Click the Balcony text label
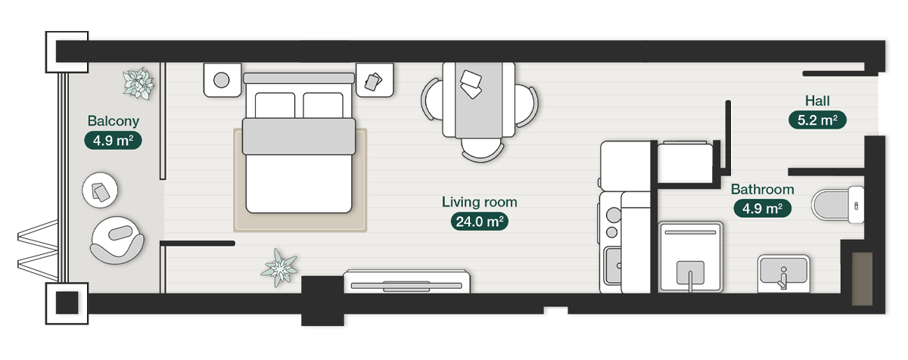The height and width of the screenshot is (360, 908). click(x=113, y=121)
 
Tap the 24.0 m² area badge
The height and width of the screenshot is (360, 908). click(x=479, y=222)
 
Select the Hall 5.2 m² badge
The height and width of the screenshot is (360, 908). click(x=817, y=119)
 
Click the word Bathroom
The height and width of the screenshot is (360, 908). click(x=762, y=189)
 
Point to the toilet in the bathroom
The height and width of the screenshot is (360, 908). click(x=838, y=205)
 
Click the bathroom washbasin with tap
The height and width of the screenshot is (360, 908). click(x=784, y=273)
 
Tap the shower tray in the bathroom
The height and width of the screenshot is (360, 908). click(x=690, y=256)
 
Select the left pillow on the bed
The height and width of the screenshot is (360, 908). click(x=275, y=105)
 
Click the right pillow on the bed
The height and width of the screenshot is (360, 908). click(x=323, y=105)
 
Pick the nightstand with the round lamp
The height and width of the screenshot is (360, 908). click(x=222, y=79)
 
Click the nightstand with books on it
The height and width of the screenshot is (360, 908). click(x=375, y=79)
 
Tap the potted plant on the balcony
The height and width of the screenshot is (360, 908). click(x=138, y=83)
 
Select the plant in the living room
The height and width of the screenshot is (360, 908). click(x=279, y=268)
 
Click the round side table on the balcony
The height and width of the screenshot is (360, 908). click(x=100, y=190)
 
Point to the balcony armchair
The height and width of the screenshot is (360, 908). click(x=117, y=241)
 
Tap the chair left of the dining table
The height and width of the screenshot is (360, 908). click(x=432, y=100)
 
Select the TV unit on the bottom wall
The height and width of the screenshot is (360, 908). click(x=407, y=281)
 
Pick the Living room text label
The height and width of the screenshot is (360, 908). click(x=479, y=202)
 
